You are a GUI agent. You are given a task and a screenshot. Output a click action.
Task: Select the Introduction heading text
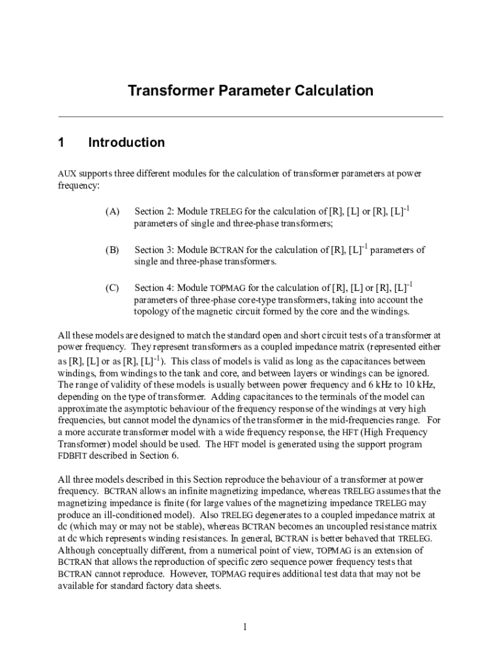click(x=126, y=142)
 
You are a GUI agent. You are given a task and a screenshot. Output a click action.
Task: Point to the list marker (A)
click(x=112, y=212)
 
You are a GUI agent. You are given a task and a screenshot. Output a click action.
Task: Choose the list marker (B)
click(x=112, y=250)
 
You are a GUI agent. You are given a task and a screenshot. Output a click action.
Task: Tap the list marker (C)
click(x=112, y=288)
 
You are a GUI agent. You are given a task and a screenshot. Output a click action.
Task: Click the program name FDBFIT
click(x=73, y=455)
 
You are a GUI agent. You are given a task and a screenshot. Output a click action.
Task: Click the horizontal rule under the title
click(x=251, y=117)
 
